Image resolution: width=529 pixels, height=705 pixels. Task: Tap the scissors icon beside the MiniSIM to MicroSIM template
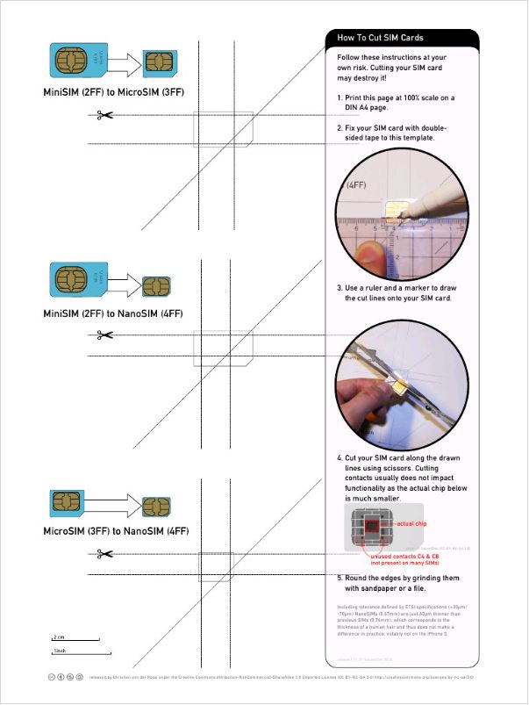(105, 115)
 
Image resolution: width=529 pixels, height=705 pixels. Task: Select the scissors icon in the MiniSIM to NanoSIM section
(105, 335)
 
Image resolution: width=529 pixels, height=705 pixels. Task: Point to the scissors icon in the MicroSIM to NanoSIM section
(105, 553)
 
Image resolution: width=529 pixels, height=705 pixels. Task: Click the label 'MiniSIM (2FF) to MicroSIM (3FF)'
(113, 91)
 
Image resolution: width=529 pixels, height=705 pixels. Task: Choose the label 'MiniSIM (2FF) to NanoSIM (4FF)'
(113, 313)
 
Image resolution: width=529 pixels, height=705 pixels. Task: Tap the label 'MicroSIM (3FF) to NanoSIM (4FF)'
(116, 531)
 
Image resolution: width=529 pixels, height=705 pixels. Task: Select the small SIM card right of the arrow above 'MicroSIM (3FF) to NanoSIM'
(156, 507)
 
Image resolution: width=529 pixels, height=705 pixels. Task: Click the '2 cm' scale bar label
(59, 637)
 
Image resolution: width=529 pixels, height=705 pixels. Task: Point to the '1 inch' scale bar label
(60, 651)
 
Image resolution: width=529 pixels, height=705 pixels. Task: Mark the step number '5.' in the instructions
(340, 578)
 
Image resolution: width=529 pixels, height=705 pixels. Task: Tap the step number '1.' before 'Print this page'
(340, 97)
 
